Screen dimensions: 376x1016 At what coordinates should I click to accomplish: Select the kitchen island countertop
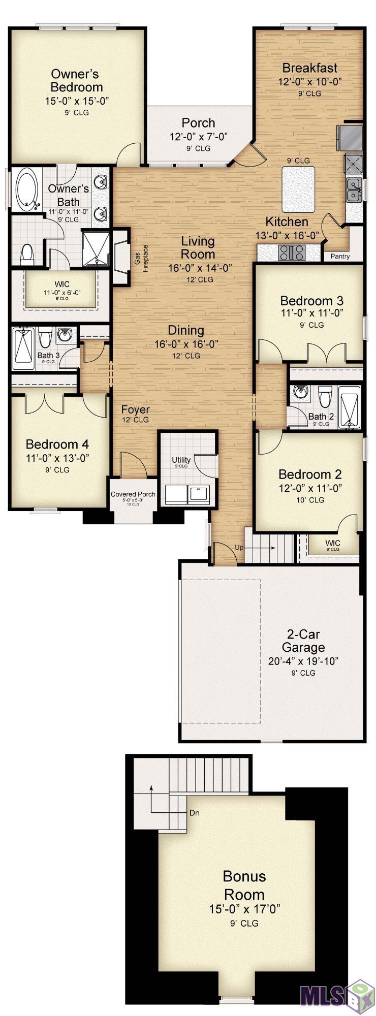click(x=298, y=185)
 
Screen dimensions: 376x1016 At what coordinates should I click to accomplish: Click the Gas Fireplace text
click(x=141, y=259)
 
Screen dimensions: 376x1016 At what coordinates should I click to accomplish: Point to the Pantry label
click(x=340, y=256)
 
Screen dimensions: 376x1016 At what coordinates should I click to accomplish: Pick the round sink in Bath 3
click(x=65, y=335)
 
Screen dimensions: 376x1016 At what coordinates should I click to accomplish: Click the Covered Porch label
click(x=133, y=494)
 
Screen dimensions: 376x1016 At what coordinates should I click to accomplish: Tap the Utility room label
click(x=181, y=460)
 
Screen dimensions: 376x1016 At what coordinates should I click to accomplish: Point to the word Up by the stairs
click(x=239, y=547)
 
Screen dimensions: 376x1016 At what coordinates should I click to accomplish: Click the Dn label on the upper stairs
click(x=194, y=813)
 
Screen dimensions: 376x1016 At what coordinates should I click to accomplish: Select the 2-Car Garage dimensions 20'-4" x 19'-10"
click(x=303, y=661)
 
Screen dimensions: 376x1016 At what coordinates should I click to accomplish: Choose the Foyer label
click(x=135, y=410)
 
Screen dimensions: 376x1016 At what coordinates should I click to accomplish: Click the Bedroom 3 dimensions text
click(x=311, y=313)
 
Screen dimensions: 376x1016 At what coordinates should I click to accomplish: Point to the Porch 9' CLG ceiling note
click(x=198, y=148)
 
